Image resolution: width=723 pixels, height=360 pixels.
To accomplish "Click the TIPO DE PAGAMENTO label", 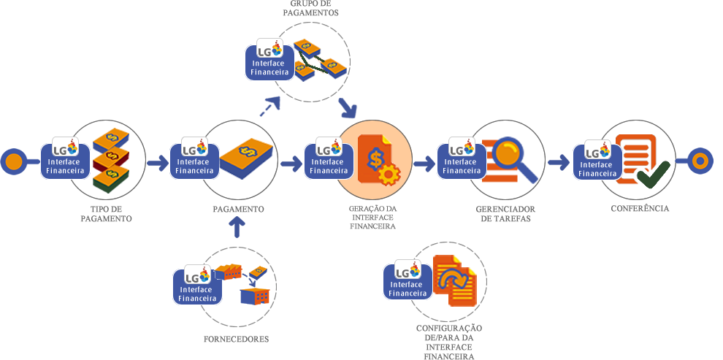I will click(106, 213).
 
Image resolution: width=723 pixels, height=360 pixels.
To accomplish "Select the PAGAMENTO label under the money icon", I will click(238, 209).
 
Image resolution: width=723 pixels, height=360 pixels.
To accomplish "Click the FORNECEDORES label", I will click(237, 339).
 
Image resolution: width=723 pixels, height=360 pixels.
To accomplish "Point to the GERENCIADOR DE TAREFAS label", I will click(503, 213).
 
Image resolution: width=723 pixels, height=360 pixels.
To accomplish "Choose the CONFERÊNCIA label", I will click(640, 208).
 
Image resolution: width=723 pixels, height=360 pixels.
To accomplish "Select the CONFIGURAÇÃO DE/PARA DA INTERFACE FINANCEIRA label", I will click(450, 339).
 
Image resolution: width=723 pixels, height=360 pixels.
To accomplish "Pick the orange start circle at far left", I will click(12, 161).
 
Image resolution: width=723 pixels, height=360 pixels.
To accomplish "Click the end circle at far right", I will click(700, 161).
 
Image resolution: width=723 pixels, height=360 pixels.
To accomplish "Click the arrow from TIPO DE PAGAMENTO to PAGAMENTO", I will click(157, 162).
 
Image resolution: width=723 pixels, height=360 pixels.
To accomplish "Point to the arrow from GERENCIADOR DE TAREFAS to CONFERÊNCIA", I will click(559, 161).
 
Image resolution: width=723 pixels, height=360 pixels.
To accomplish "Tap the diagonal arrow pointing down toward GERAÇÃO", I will click(348, 109).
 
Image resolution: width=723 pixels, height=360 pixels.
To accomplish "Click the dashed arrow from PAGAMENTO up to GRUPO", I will click(269, 108).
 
